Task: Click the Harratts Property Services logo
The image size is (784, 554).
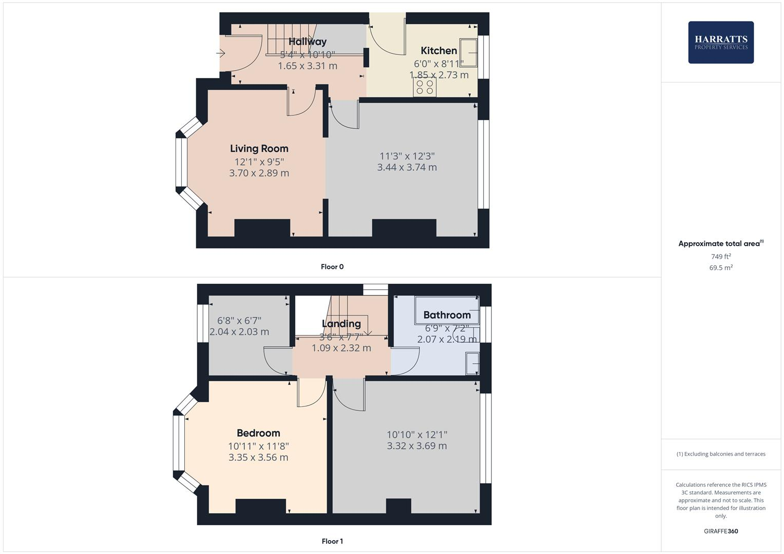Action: pos(720,42)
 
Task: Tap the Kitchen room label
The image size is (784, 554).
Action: pos(438,50)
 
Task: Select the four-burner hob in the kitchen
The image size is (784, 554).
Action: pos(425,87)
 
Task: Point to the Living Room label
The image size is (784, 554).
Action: pos(259,149)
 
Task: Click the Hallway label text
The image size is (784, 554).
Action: pos(307,42)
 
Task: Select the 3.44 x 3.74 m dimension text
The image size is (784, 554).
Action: pos(407,167)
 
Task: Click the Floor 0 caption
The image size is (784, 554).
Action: pos(332,267)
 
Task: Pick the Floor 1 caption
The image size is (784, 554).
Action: pos(332,541)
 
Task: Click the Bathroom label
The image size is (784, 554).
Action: pos(447,315)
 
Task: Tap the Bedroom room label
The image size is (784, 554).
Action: pos(258,433)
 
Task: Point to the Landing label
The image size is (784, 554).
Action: pos(341,324)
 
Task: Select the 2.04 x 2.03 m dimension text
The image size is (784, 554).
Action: pos(239,332)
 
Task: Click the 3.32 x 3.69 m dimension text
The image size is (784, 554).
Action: pos(416,446)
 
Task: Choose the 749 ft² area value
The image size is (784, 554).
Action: pos(720,256)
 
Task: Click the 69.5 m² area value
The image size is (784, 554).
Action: pos(720,268)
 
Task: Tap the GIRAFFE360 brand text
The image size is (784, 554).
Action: pos(720,531)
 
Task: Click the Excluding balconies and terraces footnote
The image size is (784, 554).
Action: pos(720,454)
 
